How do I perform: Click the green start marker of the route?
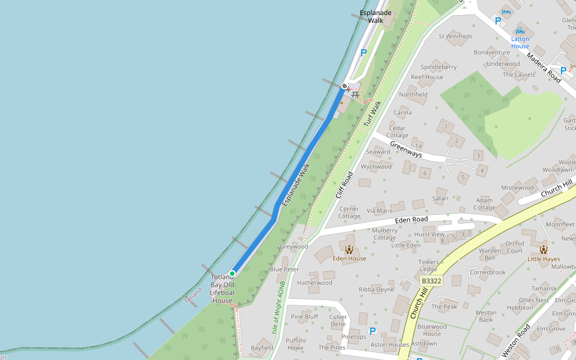232,274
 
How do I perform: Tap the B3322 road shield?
431,281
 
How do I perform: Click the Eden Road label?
411,220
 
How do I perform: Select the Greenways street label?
406,149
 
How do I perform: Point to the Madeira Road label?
544,67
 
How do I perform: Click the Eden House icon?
349,250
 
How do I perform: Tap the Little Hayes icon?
543,250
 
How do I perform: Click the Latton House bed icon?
520,31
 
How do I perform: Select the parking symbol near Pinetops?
372,331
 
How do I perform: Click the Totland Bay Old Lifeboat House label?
221,289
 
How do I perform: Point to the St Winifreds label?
455,37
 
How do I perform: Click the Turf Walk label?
371,114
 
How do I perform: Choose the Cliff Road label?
344,185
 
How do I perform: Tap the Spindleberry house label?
439,67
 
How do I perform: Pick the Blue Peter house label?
284,269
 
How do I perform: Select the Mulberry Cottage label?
385,234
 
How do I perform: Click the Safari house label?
440,198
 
